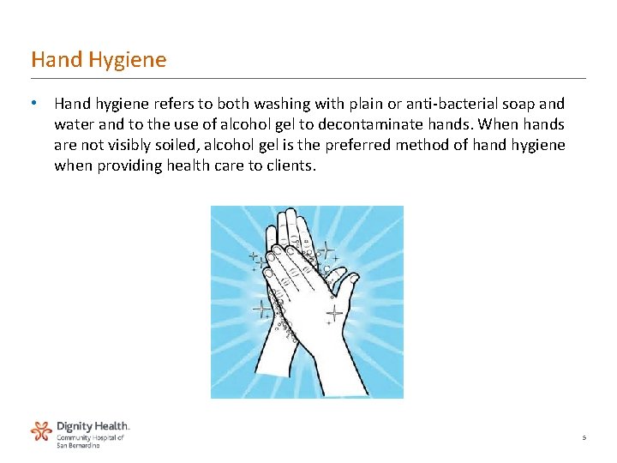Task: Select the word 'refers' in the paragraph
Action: (178, 104)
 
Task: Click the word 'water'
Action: (73, 124)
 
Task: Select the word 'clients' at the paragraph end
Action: (291, 165)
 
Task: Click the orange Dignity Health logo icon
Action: (41, 430)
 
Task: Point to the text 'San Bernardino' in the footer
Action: (78, 446)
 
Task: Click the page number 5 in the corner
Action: (584, 438)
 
